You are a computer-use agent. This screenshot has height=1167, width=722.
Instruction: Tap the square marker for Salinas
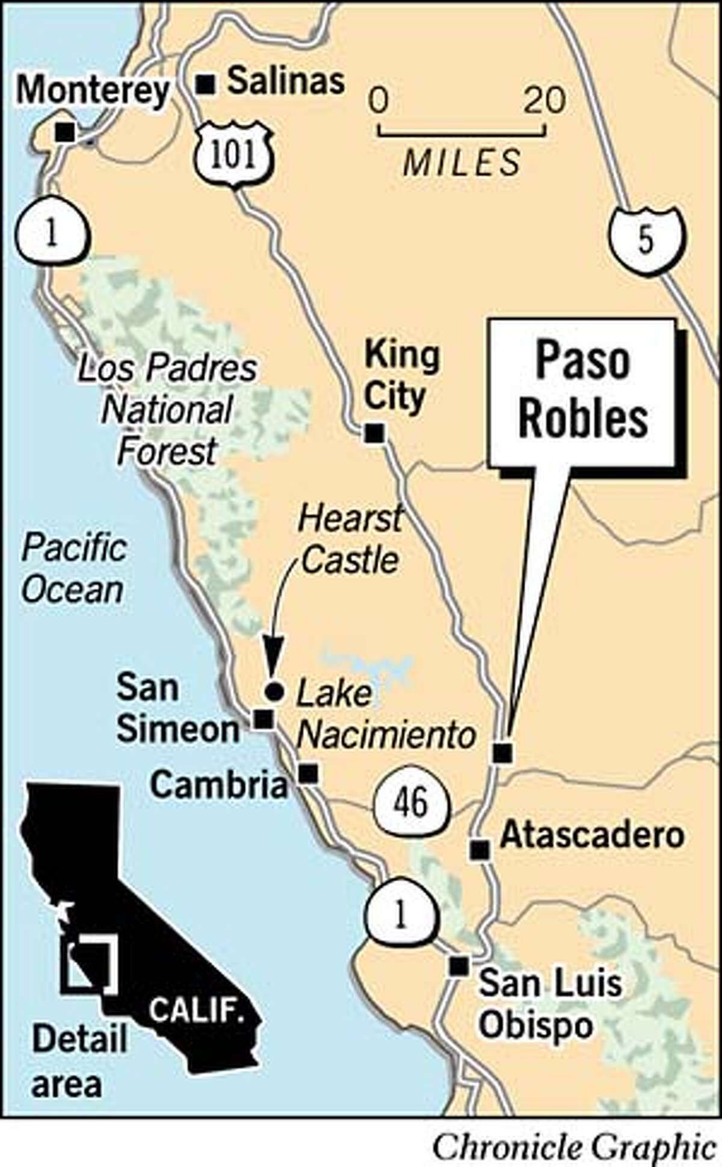click(x=206, y=85)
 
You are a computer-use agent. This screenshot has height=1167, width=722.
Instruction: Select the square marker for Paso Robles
click(x=502, y=753)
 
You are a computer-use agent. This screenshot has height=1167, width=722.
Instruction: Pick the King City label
click(x=402, y=375)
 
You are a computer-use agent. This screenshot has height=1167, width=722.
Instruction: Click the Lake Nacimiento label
click(x=385, y=715)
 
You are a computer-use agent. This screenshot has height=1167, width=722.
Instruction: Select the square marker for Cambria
click(x=309, y=774)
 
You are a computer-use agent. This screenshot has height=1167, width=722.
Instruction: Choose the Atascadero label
click(x=593, y=835)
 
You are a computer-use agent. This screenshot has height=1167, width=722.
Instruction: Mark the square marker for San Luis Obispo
click(x=459, y=966)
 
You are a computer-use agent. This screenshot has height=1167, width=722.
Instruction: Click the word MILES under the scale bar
click(x=462, y=162)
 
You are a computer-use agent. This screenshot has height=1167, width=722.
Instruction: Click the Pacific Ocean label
click(x=73, y=568)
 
